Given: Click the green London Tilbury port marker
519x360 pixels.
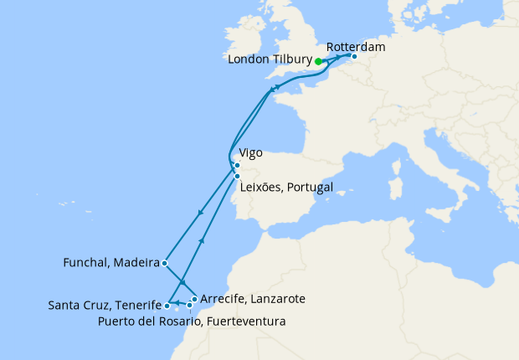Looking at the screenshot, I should point(318,61).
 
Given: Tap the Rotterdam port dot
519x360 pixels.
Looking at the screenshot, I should point(354,57).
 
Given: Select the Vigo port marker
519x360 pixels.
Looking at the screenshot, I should point(237,165).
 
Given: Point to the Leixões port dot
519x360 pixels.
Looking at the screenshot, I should point(238,177).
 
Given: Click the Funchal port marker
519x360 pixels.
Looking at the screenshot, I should point(165,263).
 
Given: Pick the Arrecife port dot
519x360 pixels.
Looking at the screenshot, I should point(194,299).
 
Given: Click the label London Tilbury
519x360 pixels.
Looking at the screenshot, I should point(270,61).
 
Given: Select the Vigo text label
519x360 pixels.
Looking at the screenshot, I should point(252,154).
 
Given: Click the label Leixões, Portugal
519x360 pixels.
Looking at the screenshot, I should point(286,187).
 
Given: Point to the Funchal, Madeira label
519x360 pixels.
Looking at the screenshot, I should point(111,263).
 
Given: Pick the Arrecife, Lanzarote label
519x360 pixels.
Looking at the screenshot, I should point(253,298).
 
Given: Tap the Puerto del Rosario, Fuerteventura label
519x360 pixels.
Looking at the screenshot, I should point(192,321).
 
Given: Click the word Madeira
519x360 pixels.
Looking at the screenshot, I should point(137,263).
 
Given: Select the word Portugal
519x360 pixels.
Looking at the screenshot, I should point(310,187).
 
